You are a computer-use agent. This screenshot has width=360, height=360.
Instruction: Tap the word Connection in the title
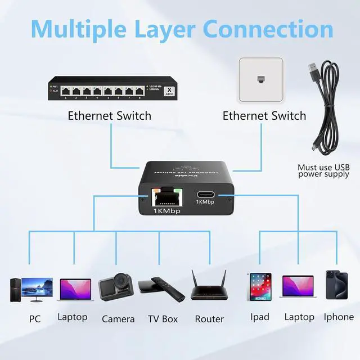click(268, 28)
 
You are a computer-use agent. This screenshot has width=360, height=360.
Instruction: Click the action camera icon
click(116, 288)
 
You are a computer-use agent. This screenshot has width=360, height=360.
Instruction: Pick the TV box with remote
click(161, 289)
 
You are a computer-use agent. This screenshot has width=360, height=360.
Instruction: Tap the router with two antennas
click(209, 287)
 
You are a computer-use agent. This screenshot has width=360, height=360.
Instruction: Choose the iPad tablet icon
click(259, 286)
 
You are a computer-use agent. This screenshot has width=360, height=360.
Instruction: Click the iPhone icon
click(337, 285)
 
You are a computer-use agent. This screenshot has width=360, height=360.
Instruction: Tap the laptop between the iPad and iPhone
click(298, 289)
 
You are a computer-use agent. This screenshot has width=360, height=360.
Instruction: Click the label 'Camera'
click(118, 319)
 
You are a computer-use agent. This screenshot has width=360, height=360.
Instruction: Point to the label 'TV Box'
click(163, 319)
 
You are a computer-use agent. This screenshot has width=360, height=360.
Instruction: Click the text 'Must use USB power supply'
click(323, 170)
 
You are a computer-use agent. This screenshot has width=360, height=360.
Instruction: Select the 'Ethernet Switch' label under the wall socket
click(264, 116)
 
